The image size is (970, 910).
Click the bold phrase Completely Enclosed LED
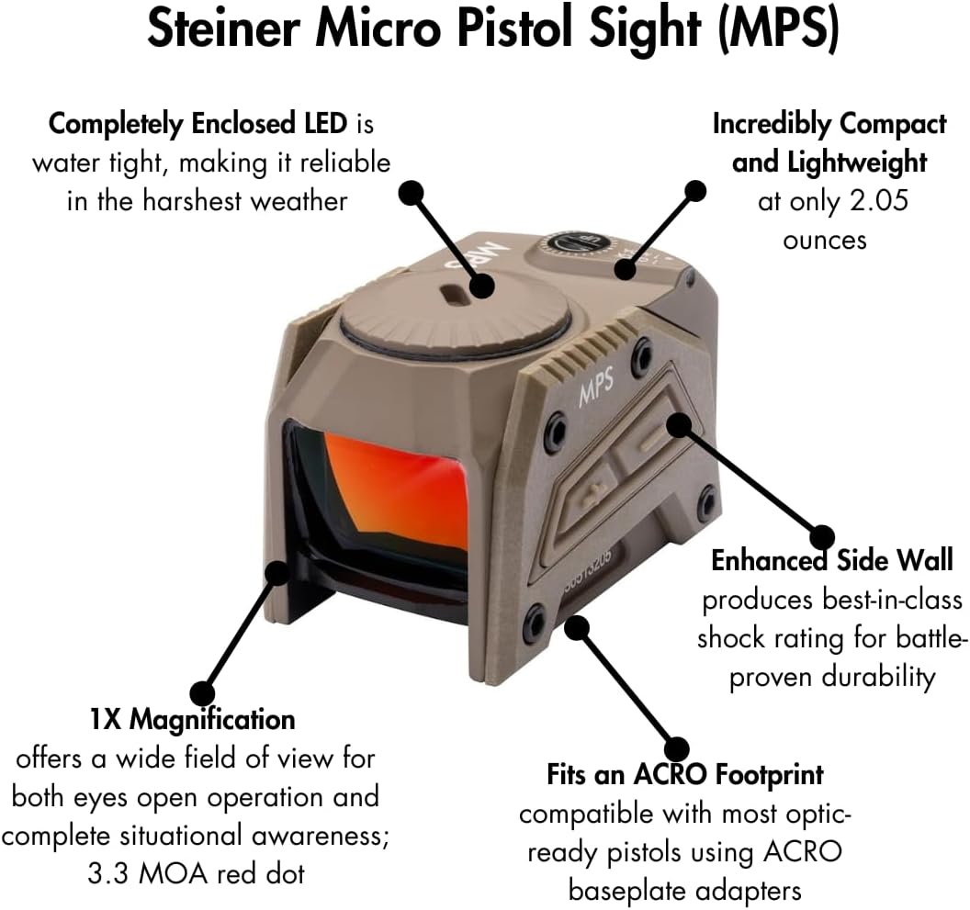198,124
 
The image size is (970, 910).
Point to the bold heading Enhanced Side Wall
832,560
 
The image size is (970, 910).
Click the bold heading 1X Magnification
192,720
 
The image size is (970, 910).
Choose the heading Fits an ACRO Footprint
685,774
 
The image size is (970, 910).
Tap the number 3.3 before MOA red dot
107,874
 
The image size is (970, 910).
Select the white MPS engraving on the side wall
596,388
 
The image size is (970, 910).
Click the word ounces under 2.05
825,240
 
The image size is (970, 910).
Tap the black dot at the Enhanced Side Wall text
822,537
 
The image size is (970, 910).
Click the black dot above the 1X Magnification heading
202,692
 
